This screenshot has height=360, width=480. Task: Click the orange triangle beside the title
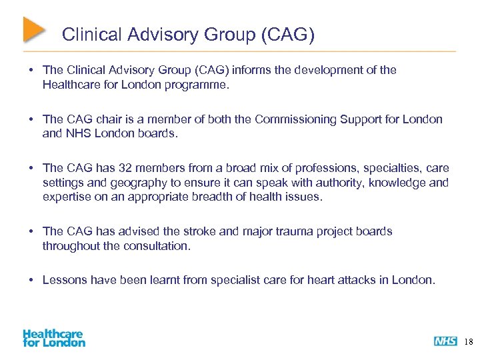(x=33, y=29)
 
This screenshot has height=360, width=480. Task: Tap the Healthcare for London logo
(x=54, y=338)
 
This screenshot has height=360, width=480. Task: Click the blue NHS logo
(x=445, y=341)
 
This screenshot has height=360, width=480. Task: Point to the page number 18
(x=468, y=342)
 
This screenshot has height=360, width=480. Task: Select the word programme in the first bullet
(x=198, y=85)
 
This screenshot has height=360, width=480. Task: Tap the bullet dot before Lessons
(x=31, y=280)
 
